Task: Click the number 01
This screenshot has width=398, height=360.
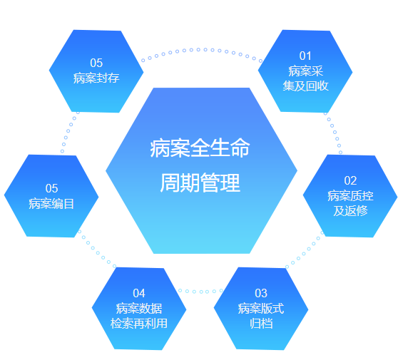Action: (305, 56)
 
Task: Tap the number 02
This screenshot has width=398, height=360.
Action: (350, 180)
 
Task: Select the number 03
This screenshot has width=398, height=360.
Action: (261, 293)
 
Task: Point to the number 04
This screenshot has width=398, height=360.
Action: (139, 293)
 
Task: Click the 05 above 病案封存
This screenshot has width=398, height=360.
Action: (96, 63)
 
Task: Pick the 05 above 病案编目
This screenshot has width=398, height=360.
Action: (51, 188)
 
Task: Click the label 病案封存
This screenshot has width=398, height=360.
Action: (96, 78)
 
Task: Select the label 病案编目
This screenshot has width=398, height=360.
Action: (51, 204)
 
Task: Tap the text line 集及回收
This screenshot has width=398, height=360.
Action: (305, 86)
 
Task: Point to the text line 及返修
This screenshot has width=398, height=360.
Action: (350, 210)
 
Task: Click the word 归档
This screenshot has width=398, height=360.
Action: (261, 324)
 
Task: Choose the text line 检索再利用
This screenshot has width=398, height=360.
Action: (139, 324)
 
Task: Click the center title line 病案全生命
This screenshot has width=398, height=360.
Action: (200, 148)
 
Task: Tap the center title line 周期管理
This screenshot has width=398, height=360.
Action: (200, 182)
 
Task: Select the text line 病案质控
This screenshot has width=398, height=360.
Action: (350, 196)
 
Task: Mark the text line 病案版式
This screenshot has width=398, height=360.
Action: (261, 309)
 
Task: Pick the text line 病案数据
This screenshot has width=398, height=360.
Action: (139, 309)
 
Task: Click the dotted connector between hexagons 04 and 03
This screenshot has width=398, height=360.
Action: (200, 292)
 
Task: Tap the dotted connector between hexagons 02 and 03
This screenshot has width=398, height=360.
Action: (304, 254)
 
